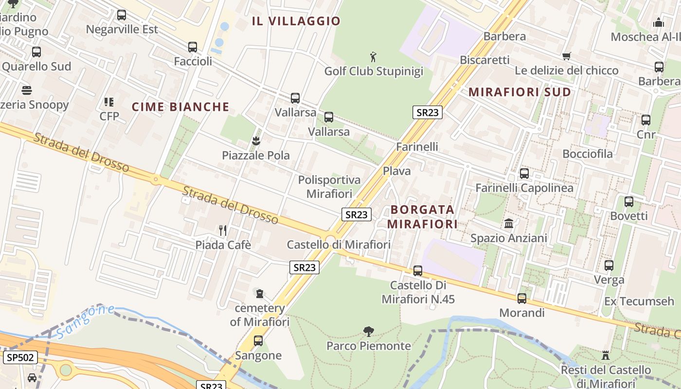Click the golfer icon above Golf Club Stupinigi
click(x=373, y=57)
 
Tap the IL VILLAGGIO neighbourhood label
click(x=296, y=21)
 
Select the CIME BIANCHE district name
click(x=180, y=107)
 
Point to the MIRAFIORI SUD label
click(x=520, y=92)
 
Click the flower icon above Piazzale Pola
click(x=255, y=141)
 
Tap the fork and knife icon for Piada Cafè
click(x=223, y=230)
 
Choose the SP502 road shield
click(x=20, y=358)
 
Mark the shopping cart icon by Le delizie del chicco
click(x=566, y=56)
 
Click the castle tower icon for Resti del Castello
click(x=606, y=355)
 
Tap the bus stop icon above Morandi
click(x=522, y=299)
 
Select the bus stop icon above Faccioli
click(x=193, y=47)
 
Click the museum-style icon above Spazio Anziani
click(x=509, y=224)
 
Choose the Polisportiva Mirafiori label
click(x=329, y=187)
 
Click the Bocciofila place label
click(x=588, y=154)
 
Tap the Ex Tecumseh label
click(x=639, y=301)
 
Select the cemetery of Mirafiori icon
click(x=260, y=294)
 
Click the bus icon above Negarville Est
click(x=122, y=15)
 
